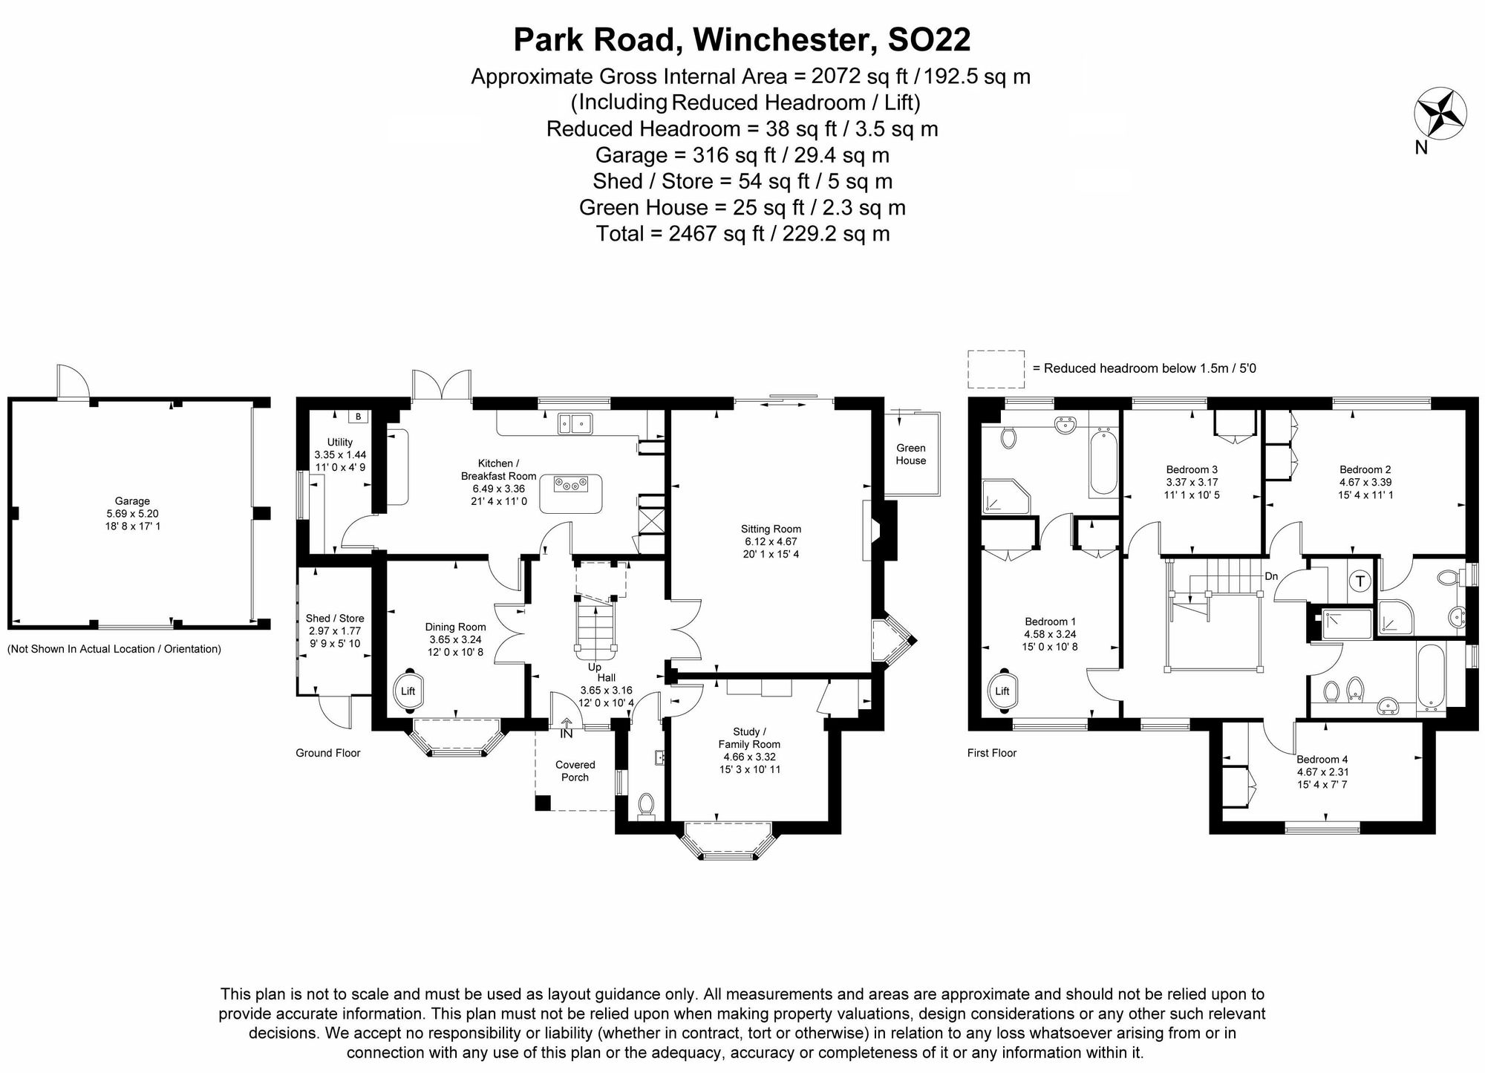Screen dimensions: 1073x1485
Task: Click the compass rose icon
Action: pos(1440,113)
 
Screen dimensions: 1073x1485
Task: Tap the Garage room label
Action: pos(132,501)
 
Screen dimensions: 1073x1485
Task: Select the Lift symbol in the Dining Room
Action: pos(408,691)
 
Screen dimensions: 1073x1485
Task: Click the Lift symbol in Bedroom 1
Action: pos(1002,691)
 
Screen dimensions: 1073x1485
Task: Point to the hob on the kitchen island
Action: pos(570,485)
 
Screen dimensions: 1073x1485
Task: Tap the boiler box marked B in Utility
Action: pos(358,417)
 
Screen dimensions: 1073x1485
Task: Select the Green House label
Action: pos(910,454)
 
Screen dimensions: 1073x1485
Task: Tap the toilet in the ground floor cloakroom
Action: pos(646,805)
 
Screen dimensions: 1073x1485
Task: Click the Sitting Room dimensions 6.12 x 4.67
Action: pos(771,542)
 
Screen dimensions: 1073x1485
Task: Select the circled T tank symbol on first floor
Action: pos(1360,581)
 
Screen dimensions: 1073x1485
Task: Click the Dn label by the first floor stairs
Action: pos(1271,576)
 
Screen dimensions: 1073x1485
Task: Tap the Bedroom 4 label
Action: pos(1322,759)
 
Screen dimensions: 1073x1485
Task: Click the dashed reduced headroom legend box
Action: pos(996,369)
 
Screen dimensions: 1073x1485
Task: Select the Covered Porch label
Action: pos(575,771)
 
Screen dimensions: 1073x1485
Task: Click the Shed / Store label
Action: pos(335,618)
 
